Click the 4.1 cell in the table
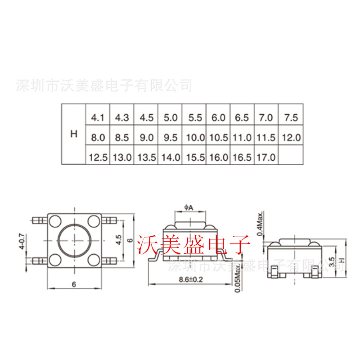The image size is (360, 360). (98, 118)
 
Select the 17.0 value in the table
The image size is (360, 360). (266, 157)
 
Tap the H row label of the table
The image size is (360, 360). (74, 134)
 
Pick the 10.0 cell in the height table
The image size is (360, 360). (195, 138)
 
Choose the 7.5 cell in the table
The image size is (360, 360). (291, 118)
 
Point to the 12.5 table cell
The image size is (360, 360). (98, 157)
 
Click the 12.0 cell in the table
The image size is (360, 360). (291, 138)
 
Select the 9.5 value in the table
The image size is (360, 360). (171, 138)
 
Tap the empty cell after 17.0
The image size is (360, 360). (291, 157)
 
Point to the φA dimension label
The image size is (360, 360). (189, 207)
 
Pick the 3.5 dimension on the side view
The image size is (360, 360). (331, 262)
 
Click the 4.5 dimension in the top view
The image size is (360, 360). (118, 239)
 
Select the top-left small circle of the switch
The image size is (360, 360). (56, 220)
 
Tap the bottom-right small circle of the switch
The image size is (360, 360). (94, 260)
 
